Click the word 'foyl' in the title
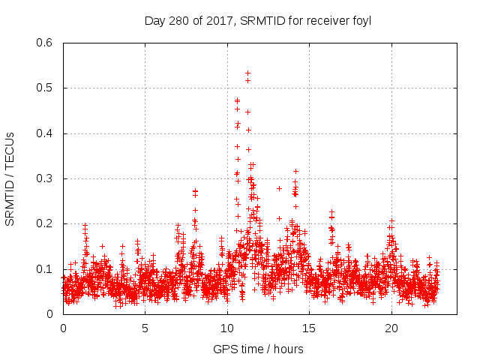(361, 21)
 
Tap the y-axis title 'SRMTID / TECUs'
(10, 178)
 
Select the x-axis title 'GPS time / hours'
(257, 349)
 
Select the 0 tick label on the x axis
(63, 328)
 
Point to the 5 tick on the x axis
(145, 328)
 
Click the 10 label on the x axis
(227, 328)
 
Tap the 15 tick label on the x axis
(309, 328)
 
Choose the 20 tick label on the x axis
(391, 328)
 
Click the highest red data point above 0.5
(247, 73)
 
